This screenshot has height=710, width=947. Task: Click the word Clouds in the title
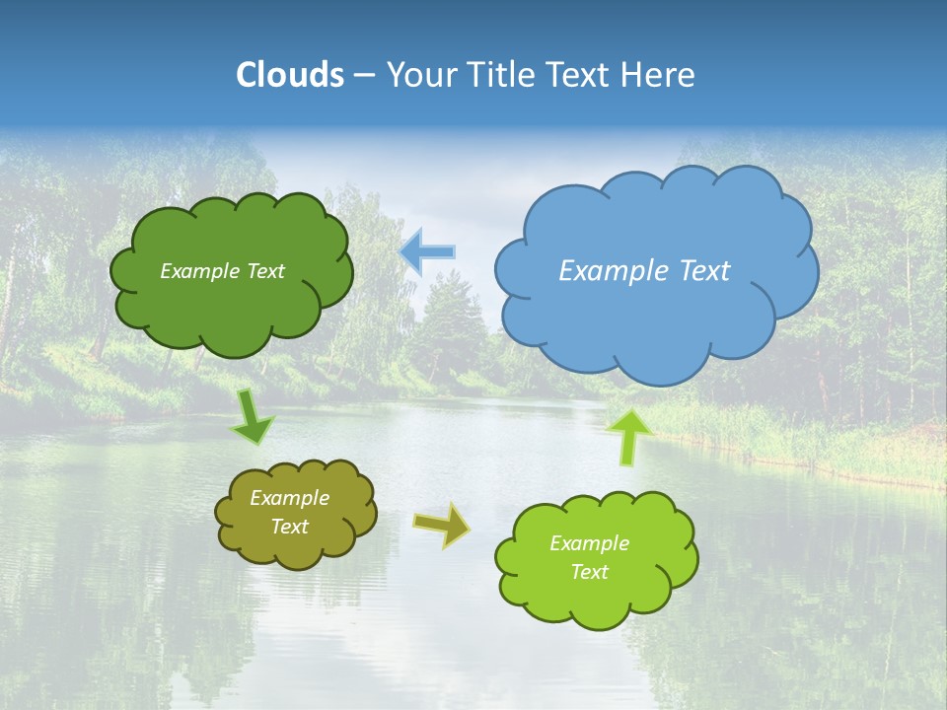[x=290, y=75]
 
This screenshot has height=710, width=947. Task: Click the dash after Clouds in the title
[x=363, y=76]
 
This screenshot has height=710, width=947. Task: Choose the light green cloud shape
[x=597, y=597]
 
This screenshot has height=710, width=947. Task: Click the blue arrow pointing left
[x=427, y=251]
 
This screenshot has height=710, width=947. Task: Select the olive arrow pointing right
[x=442, y=524]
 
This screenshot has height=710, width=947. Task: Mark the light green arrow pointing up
[x=628, y=437]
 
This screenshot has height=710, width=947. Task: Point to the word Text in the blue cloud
[x=704, y=271]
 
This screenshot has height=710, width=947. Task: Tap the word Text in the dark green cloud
[x=266, y=271]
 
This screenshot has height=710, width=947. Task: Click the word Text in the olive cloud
[x=290, y=528]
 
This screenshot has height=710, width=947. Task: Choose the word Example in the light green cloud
[x=589, y=543]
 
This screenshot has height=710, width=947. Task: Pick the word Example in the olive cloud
[x=290, y=499]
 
